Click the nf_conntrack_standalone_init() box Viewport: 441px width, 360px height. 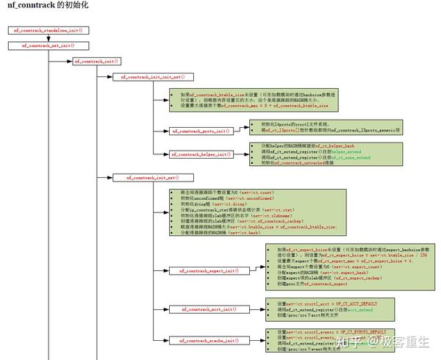pos(47,30)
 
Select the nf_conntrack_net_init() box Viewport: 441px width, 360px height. pos(47,46)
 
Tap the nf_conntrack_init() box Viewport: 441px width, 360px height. pos(96,61)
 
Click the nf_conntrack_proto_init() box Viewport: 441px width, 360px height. pos(201,131)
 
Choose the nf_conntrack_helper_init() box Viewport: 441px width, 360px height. pos(201,154)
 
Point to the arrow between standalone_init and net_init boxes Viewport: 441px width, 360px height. pos(47,37)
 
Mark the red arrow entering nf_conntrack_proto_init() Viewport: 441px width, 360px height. pos(162,131)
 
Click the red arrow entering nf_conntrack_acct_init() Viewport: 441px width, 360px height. pos(162,309)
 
